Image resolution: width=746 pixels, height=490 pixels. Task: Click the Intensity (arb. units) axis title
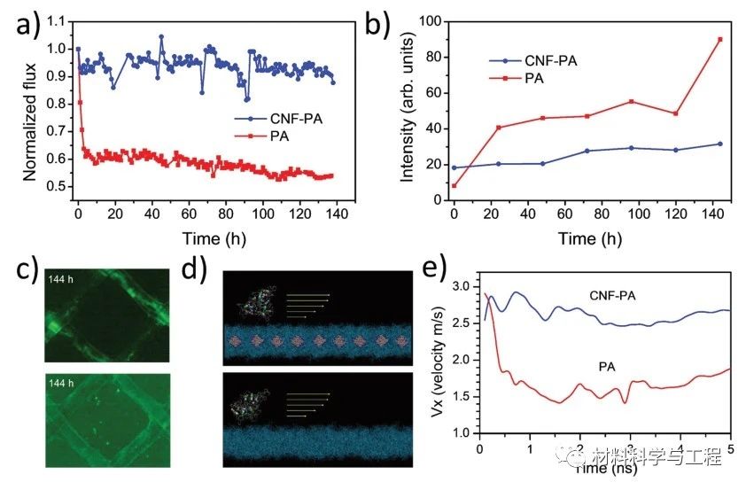(x=408, y=111)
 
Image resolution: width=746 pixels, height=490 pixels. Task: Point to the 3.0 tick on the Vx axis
(x=462, y=286)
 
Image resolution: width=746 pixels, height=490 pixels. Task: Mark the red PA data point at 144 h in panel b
(x=719, y=39)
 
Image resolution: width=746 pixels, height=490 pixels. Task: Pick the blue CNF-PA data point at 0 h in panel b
(x=455, y=167)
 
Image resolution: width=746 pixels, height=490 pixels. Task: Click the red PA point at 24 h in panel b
(x=499, y=128)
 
